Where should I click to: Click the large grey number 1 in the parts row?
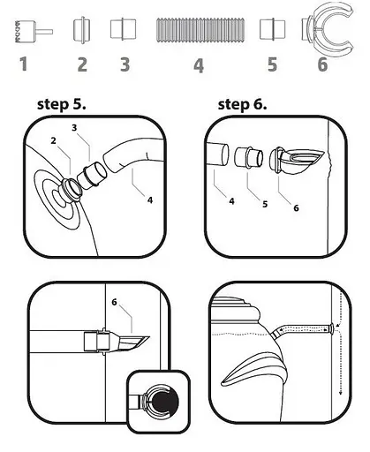click(x=24, y=64)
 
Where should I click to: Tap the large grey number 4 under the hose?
click(x=199, y=65)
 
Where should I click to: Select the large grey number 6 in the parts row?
click(x=322, y=64)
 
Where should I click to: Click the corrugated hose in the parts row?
click(x=200, y=30)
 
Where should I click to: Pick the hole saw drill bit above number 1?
click(x=33, y=32)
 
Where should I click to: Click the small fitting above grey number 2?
click(x=82, y=30)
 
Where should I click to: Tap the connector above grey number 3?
click(x=124, y=29)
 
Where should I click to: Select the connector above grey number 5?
click(x=272, y=29)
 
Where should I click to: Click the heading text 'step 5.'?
click(x=62, y=104)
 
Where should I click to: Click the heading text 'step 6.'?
click(x=242, y=105)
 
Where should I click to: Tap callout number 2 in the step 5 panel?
click(x=53, y=140)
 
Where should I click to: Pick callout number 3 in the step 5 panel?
click(x=74, y=128)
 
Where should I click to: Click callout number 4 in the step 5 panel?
click(x=150, y=200)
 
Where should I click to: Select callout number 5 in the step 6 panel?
click(x=265, y=204)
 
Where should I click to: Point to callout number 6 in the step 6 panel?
click(x=296, y=208)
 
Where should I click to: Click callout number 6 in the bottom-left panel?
click(x=114, y=302)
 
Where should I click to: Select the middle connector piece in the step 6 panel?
click(x=249, y=157)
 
